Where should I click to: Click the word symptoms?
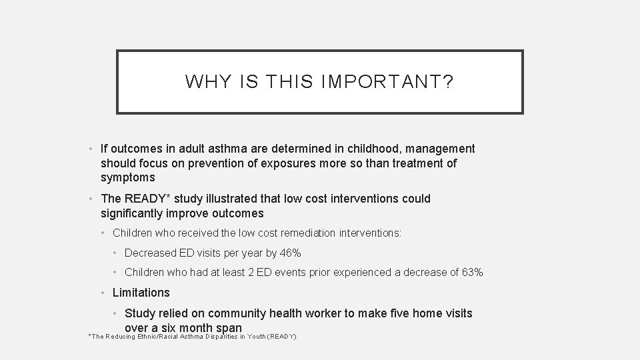128,177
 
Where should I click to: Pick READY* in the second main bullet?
147,199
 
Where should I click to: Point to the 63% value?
472,272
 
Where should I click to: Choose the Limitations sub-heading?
141,292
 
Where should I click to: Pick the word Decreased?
151,253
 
